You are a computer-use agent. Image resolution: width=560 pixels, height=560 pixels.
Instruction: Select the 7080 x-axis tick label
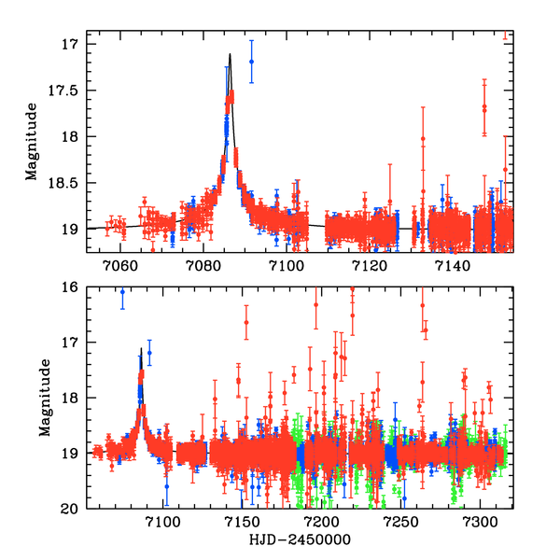coord(203,266)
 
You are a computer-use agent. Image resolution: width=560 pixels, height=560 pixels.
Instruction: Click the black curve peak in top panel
coord(230,54)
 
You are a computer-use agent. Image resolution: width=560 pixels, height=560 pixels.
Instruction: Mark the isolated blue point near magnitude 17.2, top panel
coord(251,62)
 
